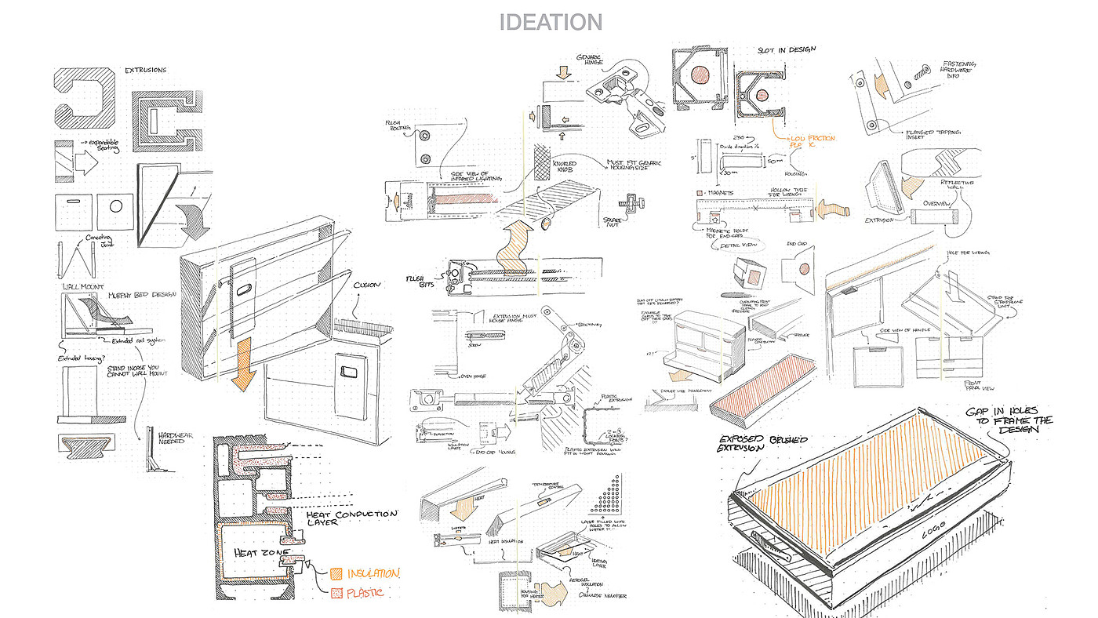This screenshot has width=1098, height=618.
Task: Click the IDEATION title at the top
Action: click(x=551, y=22)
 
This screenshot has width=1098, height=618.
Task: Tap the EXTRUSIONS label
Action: click(x=146, y=71)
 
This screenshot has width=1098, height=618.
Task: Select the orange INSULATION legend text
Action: click(x=373, y=573)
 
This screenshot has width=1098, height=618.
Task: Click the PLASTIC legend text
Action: click(x=365, y=593)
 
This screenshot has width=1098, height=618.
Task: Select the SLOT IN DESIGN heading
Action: click(x=786, y=49)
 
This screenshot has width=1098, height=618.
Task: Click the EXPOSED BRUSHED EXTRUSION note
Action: click(x=762, y=444)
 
